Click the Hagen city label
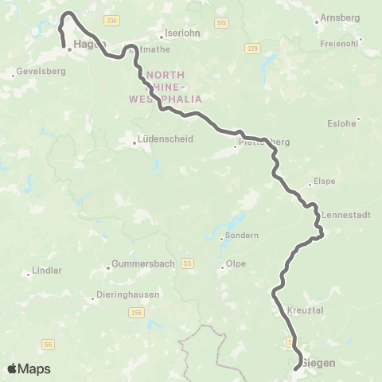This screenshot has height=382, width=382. [x=88, y=45]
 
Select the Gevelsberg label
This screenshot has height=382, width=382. [x=40, y=71]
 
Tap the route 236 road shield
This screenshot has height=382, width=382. [x=110, y=18]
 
